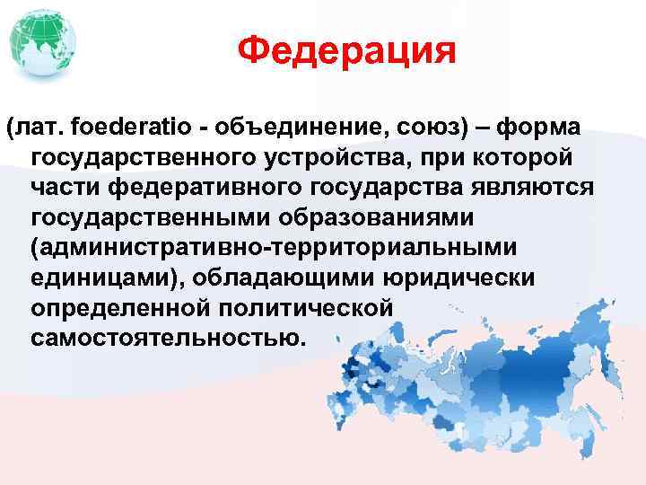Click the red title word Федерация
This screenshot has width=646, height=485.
347,51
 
